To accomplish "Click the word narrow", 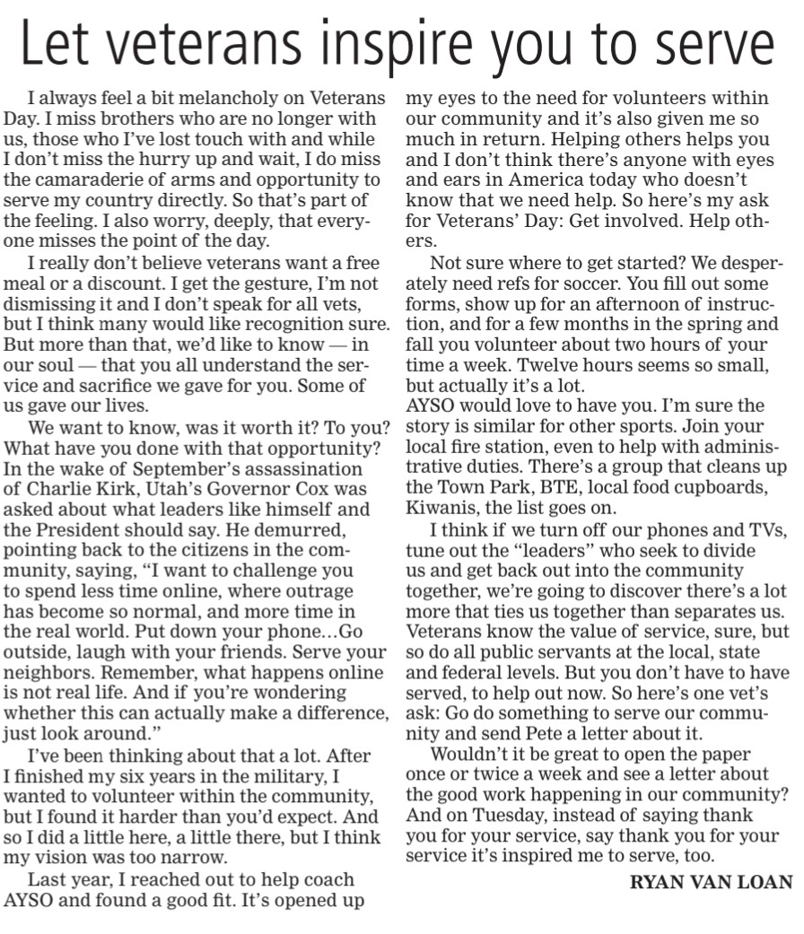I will point(221,860).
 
